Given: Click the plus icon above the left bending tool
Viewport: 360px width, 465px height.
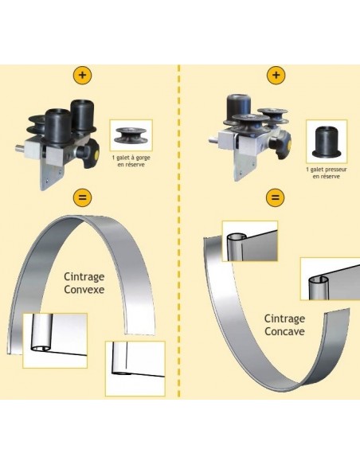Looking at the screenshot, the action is pyautogui.click(x=82, y=75).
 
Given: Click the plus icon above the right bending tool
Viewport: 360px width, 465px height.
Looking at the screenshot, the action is pyautogui.click(x=276, y=75).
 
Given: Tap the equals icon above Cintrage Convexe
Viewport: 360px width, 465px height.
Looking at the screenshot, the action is pyautogui.click(x=82, y=197).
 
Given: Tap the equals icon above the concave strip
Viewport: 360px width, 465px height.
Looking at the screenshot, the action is pyautogui.click(x=276, y=197).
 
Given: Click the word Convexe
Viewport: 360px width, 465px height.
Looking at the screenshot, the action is pyautogui.click(x=84, y=290).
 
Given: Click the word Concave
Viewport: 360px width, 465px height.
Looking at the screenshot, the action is pyautogui.click(x=284, y=331).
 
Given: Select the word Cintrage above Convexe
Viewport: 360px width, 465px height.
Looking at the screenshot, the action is pyautogui.click(x=84, y=277).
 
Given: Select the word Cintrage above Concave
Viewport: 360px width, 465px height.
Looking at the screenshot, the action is pyautogui.click(x=284, y=319).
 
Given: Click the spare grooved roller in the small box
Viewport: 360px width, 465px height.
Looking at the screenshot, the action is pyautogui.click(x=131, y=135).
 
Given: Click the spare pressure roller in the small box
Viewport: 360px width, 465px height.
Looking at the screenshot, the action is pyautogui.click(x=327, y=142).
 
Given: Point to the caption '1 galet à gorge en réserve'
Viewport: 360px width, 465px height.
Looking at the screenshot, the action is pyautogui.click(x=131, y=161).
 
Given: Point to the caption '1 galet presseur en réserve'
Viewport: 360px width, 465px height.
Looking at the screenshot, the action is pyautogui.click(x=327, y=173).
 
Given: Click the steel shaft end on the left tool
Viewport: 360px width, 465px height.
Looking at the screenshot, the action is pyautogui.click(x=20, y=147).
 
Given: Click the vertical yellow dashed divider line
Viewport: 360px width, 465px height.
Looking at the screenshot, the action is pyautogui.click(x=179, y=231).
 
